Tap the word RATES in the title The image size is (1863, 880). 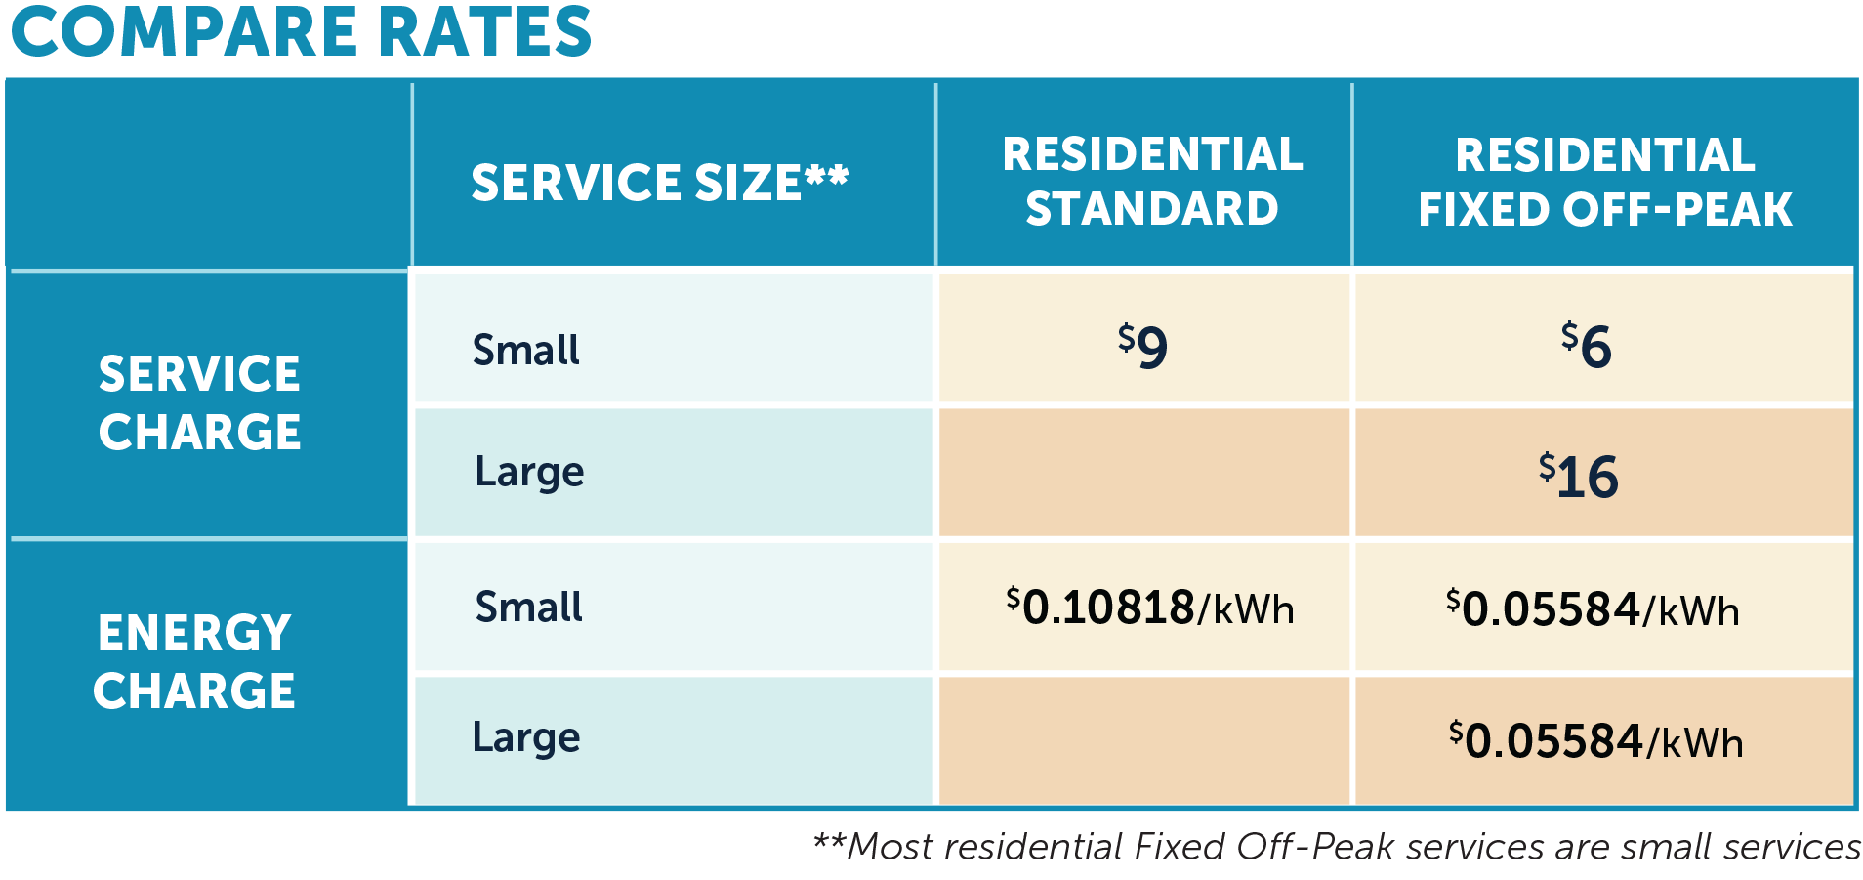click(484, 32)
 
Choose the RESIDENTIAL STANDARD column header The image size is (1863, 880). click(1152, 182)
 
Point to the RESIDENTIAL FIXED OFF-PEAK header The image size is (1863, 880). click(1605, 183)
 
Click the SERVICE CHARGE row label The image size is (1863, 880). click(200, 402)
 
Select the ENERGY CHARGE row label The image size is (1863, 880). click(194, 661)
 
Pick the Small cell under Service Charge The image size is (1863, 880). click(526, 350)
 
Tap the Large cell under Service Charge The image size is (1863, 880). click(529, 472)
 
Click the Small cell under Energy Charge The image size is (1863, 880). click(528, 607)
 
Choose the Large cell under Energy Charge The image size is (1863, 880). click(526, 737)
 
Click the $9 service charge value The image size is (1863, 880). click(1142, 346)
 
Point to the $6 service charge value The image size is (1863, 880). click(1587, 346)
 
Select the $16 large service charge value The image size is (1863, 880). click(1579, 476)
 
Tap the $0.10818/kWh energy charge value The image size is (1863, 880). click(1150, 608)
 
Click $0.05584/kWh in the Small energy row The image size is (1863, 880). click(1594, 608)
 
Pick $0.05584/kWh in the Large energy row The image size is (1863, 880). click(1596, 740)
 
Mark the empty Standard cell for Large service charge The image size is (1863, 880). click(1143, 473)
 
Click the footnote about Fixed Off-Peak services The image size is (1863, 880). click(1336, 846)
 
